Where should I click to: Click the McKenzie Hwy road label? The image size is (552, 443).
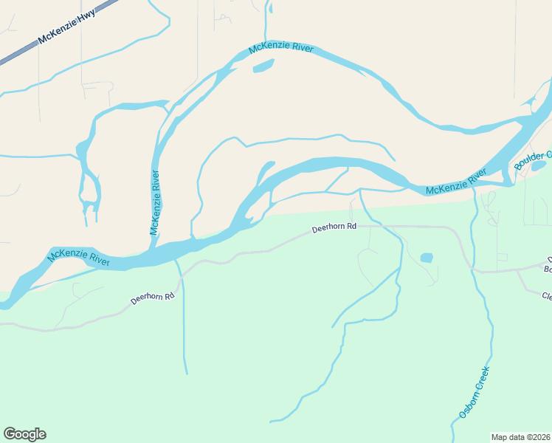coord(66,26)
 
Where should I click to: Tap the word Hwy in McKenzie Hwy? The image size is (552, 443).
coord(86,16)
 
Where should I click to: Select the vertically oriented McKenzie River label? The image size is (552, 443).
coord(156,203)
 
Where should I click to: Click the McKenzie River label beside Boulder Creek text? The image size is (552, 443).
coord(457,182)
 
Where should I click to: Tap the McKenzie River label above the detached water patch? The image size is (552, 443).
coord(281,49)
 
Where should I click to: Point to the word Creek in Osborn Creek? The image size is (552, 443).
coord(481,379)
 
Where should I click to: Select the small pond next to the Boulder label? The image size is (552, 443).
coord(538,167)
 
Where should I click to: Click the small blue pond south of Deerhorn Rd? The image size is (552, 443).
coord(427,258)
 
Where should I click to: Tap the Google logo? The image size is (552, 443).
coord(24,434)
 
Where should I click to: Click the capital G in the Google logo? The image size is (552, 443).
coord(10,434)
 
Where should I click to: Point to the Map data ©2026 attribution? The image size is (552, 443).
coord(520,436)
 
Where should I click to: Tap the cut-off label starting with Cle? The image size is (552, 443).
coord(547,297)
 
